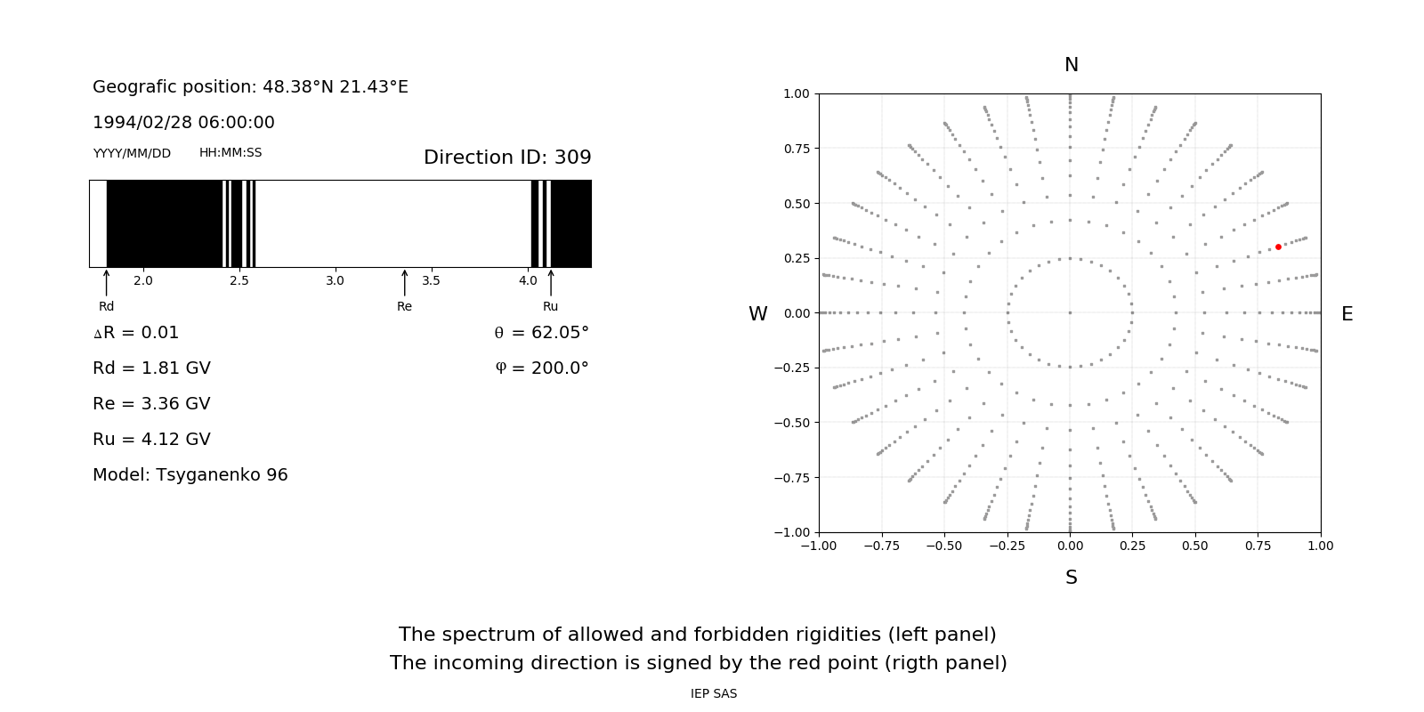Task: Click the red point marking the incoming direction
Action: pyautogui.click(x=1278, y=247)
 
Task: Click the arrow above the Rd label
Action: pyautogui.click(x=107, y=282)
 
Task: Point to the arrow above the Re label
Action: pyautogui.click(x=405, y=282)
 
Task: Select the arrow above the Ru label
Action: pyautogui.click(x=551, y=282)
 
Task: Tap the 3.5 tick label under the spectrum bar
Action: pyautogui.click(x=431, y=281)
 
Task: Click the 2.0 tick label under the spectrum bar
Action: pyautogui.click(x=143, y=281)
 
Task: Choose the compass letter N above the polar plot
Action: pyautogui.click(x=1072, y=65)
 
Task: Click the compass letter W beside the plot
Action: pyautogui.click(x=757, y=314)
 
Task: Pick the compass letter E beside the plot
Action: pyautogui.click(x=1347, y=314)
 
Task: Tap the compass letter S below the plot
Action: pyautogui.click(x=1072, y=578)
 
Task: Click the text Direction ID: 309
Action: pyautogui.click(x=507, y=158)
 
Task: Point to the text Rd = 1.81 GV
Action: pyautogui.click(x=151, y=368)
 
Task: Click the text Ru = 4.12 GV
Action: pyautogui.click(x=151, y=440)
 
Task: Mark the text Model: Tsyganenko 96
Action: pyautogui.click(x=190, y=475)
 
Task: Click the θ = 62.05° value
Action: pyautogui.click(x=541, y=333)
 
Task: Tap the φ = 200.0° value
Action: pyautogui.click(x=542, y=368)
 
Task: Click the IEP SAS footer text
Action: pyautogui.click(x=714, y=693)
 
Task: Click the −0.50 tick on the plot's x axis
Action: pyautogui.click(x=944, y=546)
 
